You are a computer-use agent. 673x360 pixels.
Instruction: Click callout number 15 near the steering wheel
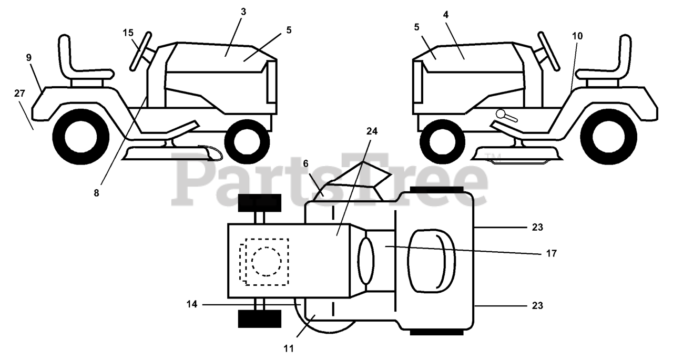(x=128, y=33)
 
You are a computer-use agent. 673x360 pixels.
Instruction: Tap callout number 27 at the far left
(x=19, y=94)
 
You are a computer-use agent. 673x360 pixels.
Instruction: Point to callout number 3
(x=243, y=12)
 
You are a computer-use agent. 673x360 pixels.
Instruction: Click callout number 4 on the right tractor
(x=446, y=15)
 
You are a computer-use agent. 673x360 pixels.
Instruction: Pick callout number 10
(x=577, y=36)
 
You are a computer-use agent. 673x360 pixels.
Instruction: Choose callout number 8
(x=96, y=193)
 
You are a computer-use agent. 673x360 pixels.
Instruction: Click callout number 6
(x=305, y=163)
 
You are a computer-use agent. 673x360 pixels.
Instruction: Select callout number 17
(x=551, y=253)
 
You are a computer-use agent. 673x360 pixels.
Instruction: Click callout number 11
(x=289, y=348)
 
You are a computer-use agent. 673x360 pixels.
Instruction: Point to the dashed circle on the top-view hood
(x=266, y=261)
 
